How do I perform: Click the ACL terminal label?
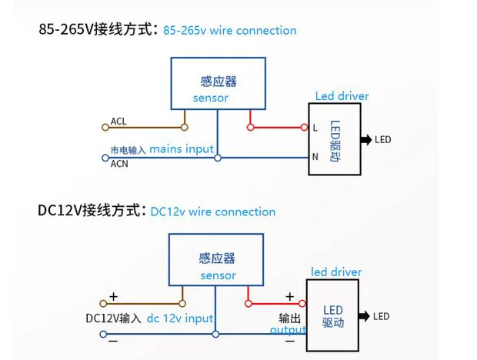tap(118, 121)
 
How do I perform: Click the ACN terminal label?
tap(118, 164)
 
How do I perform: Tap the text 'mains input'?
tap(181, 148)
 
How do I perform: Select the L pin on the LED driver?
tap(315, 128)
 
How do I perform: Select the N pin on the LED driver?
tap(315, 157)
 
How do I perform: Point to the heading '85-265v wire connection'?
tap(229, 31)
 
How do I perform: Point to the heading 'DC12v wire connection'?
tap(212, 212)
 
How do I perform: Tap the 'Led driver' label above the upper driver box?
tap(342, 96)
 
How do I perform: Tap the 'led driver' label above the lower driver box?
tap(335, 272)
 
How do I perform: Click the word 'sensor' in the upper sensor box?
tap(210, 98)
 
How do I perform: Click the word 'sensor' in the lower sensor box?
tap(218, 275)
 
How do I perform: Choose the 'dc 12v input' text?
tap(179, 318)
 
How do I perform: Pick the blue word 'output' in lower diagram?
tap(288, 330)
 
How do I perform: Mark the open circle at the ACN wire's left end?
tap(105, 158)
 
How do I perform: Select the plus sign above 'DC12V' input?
tap(113, 296)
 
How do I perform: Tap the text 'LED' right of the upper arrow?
tap(382, 139)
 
